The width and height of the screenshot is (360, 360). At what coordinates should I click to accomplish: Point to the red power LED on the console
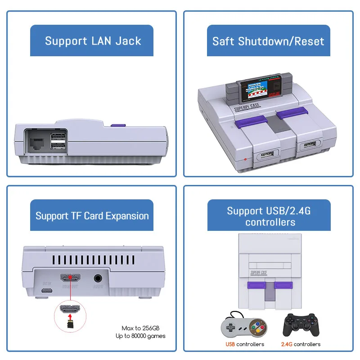coord(245,159)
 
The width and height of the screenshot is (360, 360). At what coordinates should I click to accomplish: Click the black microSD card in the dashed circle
coord(71,324)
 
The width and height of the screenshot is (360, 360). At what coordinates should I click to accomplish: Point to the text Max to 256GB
coord(144,328)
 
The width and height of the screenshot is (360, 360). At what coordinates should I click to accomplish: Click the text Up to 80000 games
coord(140,336)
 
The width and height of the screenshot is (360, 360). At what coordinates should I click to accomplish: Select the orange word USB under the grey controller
coord(230,344)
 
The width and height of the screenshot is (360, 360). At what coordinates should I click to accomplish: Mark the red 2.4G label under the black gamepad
coord(287,344)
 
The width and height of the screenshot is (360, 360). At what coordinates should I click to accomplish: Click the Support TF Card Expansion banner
coord(92,216)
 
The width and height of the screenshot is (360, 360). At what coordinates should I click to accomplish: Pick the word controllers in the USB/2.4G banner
coord(270,222)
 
